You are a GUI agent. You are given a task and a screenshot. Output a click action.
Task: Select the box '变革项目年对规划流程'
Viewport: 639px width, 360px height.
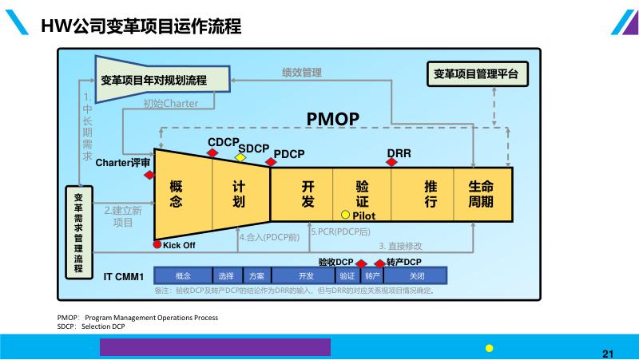click(154, 80)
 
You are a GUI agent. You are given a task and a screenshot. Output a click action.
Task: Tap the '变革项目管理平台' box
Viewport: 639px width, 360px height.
click(475, 74)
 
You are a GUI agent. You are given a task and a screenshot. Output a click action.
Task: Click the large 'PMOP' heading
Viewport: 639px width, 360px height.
click(333, 119)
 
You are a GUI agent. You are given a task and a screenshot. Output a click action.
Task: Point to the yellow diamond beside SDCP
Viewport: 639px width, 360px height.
click(240, 157)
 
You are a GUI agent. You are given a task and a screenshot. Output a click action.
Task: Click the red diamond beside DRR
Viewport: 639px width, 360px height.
click(391, 162)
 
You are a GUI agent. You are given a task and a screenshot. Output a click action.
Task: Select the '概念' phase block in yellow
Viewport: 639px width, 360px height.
click(177, 194)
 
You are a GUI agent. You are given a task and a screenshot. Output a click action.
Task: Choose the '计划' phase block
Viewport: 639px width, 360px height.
click(238, 194)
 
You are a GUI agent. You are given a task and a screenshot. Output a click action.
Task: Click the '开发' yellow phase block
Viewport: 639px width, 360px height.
click(308, 194)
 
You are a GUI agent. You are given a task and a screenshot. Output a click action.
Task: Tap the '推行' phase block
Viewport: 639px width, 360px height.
click(431, 194)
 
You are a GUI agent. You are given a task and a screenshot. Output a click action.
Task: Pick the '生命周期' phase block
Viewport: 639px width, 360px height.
click(481, 194)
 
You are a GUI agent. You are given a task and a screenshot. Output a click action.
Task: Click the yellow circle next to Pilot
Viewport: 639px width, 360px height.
click(346, 215)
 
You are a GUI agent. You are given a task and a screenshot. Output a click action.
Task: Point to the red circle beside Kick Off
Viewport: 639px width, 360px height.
click(157, 244)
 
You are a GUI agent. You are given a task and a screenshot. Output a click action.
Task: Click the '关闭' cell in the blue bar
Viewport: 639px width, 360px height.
click(416, 276)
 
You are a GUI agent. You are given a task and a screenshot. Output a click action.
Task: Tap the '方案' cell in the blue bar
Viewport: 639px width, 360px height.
click(256, 276)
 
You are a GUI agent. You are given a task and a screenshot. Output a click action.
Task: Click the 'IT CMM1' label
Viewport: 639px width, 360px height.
click(123, 277)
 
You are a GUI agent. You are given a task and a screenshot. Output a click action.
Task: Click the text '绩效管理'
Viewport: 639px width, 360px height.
click(302, 72)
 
